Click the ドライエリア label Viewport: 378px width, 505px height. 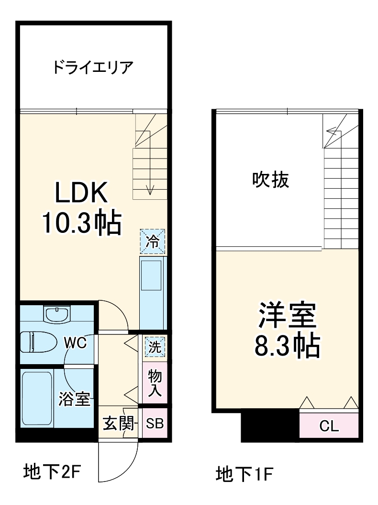coord(93,68)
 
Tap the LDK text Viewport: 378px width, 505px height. coord(81,194)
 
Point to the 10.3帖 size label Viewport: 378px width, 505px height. coord(81,222)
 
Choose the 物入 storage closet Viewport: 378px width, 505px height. coord(154,383)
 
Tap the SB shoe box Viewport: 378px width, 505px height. coord(155,424)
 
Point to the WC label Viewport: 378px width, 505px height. coord(76,344)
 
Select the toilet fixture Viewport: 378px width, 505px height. coord(36,342)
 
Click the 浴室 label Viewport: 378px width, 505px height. coord(75,399)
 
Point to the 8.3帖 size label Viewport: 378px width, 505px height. coord(287,346)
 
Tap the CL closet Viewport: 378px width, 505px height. coord(329,426)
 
